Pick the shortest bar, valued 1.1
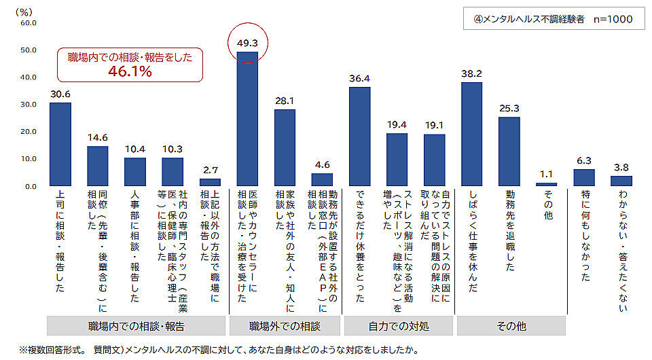pyautogui.click(x=546, y=184)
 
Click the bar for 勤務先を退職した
pyautogui.click(x=509, y=151)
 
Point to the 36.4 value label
pyautogui.click(x=359, y=79)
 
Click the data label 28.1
pyautogui.click(x=285, y=101)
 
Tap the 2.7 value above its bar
pyautogui.click(x=210, y=170)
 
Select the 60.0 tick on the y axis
pyautogui.click(x=28, y=23)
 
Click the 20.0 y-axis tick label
pyautogui.click(x=28, y=132)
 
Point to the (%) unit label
pyautogui.click(x=24, y=12)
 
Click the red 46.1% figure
pyautogui.click(x=130, y=71)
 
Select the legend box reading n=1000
pyautogui.click(x=552, y=19)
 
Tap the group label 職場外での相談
pyautogui.click(x=285, y=326)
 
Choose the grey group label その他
pyautogui.click(x=511, y=326)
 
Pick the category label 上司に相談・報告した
pyautogui.click(x=60, y=242)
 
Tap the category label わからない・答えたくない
pyautogui.click(x=621, y=251)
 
